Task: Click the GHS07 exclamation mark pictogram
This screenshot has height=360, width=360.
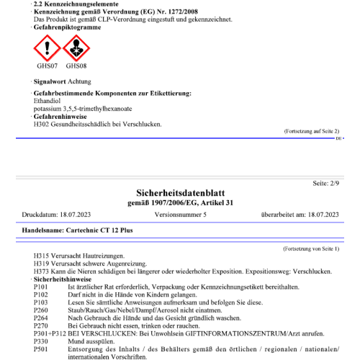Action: [x=48, y=48]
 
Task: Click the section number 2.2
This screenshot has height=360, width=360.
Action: [x=39, y=4]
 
